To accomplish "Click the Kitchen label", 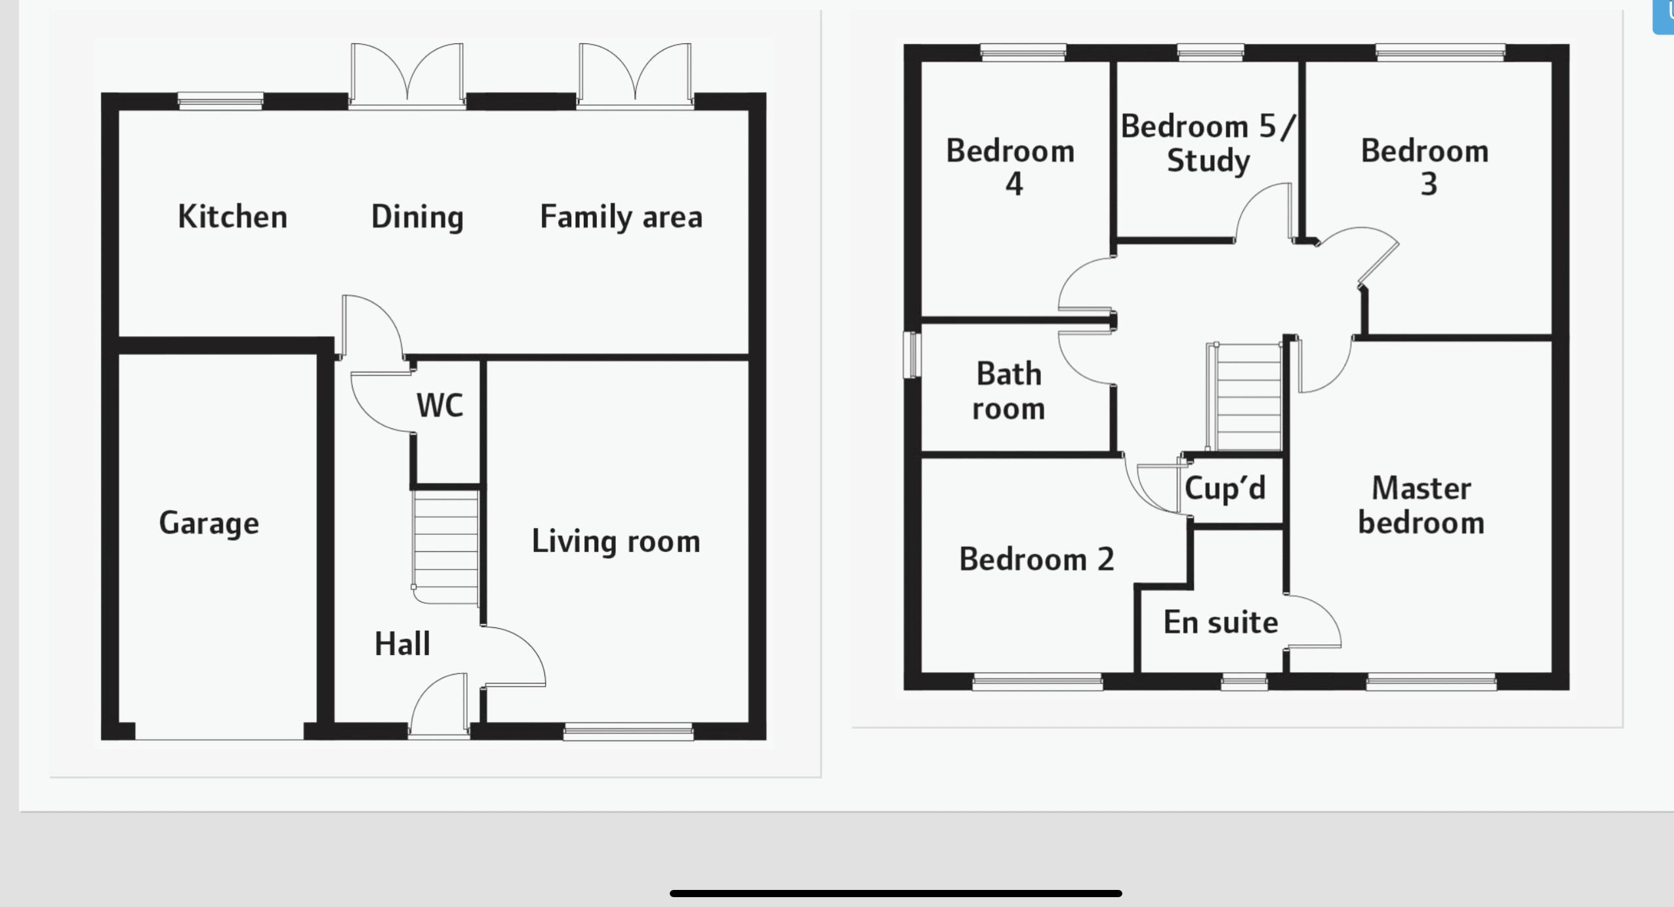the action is [232, 217].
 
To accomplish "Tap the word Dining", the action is [417, 217].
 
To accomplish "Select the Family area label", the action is [621, 217].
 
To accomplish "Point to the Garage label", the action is [209, 523].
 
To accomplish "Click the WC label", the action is [439, 405].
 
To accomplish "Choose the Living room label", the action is [616, 541].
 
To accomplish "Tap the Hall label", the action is [402, 644].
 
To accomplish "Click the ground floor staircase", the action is [445, 547].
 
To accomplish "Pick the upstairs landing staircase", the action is [1245, 397].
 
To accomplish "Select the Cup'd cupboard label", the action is [1225, 488].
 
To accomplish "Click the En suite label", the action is [1221, 622].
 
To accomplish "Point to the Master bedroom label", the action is [1421, 505].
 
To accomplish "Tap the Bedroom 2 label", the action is [1036, 559].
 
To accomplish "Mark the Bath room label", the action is [1009, 391].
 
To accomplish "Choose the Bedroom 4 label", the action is [1010, 167].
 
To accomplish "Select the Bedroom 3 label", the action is [1425, 167].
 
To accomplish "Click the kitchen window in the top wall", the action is [220, 101].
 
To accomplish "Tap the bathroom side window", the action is [912, 355].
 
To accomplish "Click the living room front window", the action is [628, 731].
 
